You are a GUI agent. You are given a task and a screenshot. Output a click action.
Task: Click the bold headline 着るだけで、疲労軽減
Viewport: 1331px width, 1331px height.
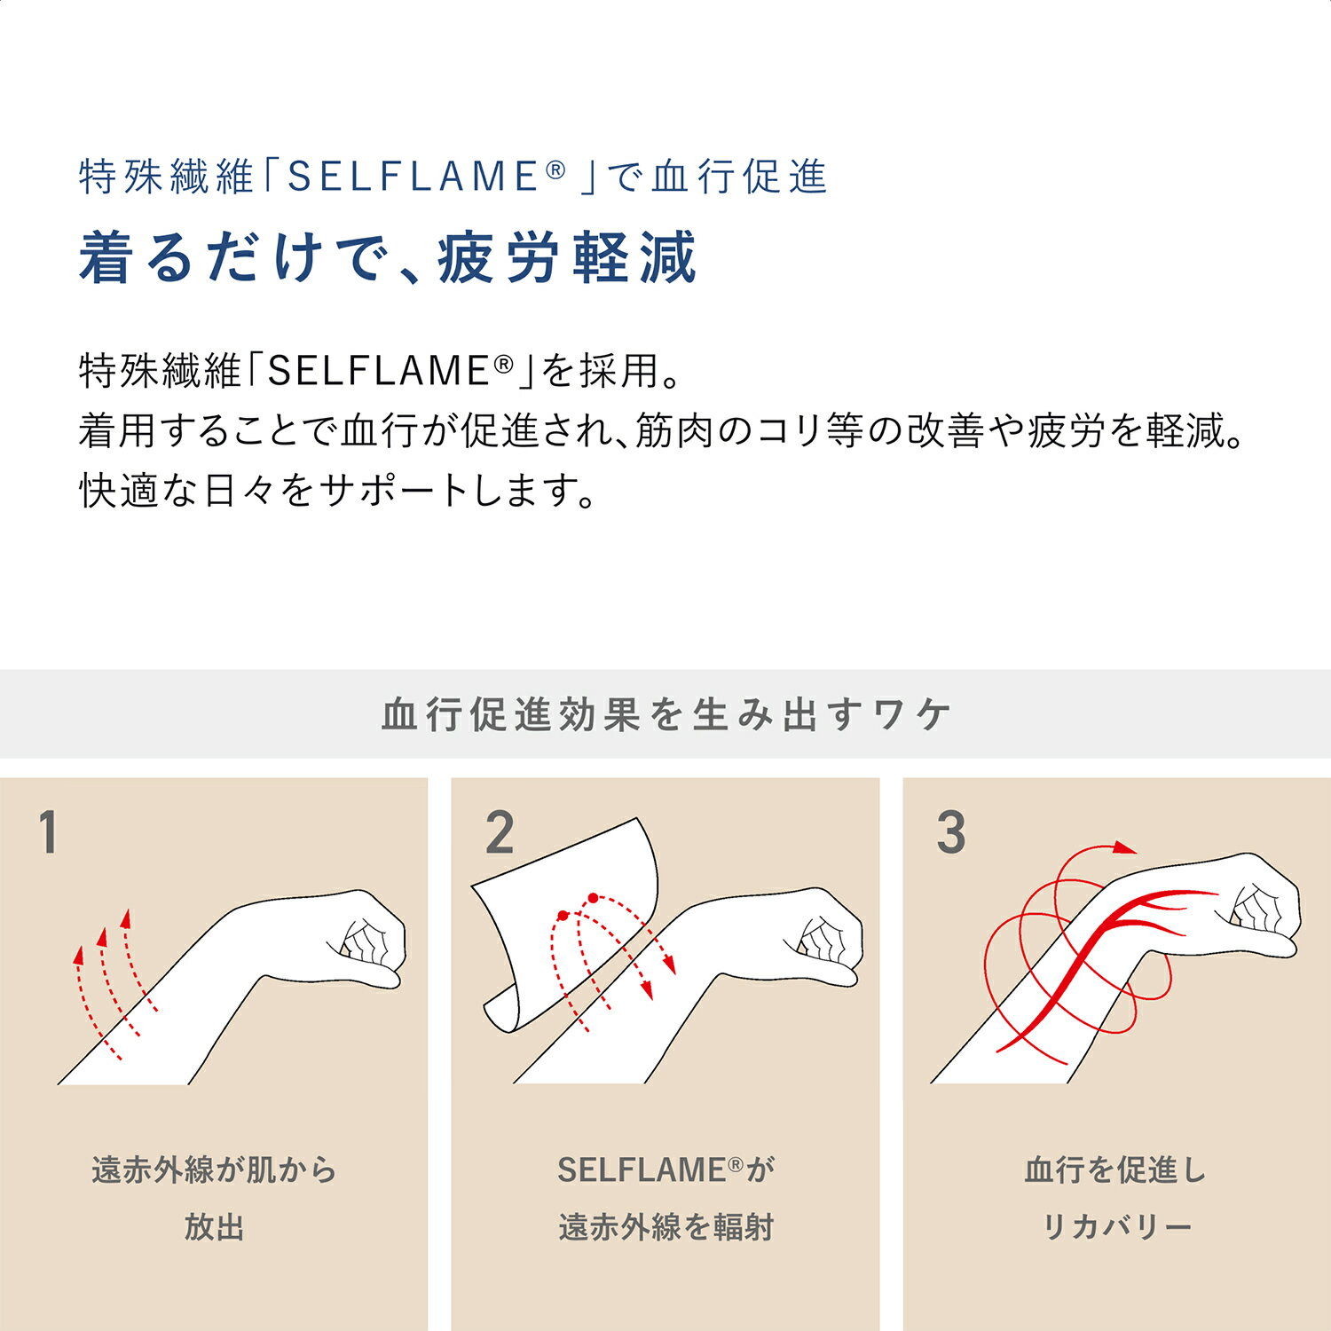pos(388,258)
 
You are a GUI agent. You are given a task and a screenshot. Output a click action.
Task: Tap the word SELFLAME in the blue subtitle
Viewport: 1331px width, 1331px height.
pos(413,177)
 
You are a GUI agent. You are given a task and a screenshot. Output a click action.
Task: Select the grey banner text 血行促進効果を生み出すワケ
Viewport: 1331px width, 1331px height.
pos(665,714)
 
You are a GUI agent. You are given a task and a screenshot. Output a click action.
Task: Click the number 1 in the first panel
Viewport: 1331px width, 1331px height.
pos(49,833)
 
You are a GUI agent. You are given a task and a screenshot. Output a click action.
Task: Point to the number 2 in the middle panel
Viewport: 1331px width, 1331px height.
pos(500,833)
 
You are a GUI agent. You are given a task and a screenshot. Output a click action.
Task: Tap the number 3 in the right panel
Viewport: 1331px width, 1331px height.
pos(950,833)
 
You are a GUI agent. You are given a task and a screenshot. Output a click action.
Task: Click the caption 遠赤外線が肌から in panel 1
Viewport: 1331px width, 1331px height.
pos(214,1170)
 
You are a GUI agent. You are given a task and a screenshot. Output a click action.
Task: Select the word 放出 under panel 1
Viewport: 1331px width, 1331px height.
pos(214,1227)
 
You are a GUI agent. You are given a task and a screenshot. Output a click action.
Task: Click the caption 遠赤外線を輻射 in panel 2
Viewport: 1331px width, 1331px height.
pos(665,1227)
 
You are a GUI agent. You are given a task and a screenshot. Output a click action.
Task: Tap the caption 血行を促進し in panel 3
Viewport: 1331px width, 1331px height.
pos(1115,1170)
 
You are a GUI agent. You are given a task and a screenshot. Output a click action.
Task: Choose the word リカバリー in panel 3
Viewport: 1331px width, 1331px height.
pos(1115,1227)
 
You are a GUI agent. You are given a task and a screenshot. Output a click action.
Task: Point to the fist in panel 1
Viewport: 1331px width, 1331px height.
pos(368,941)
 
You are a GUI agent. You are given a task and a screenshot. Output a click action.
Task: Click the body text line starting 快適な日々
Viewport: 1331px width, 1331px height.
pos(337,491)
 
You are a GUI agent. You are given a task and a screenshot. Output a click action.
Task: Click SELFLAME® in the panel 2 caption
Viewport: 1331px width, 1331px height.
pos(648,1170)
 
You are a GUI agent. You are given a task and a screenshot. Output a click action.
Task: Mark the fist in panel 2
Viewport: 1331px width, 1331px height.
pos(825,941)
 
